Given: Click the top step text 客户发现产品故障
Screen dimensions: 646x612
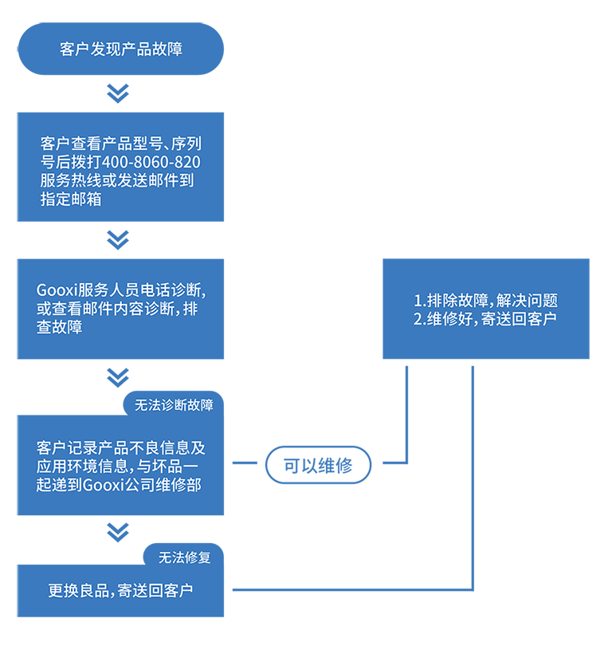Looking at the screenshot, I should pyautogui.click(x=121, y=49).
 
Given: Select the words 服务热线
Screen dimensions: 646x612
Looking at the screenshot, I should pyautogui.click(x=71, y=181).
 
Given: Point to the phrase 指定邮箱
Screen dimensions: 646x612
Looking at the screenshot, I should pyautogui.click(x=71, y=199).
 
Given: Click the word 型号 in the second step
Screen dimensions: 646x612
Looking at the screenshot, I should pyautogui.click(x=147, y=144).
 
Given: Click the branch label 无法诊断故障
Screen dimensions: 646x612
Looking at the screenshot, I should pyautogui.click(x=174, y=405).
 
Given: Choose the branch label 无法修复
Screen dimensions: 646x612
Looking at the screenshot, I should pyautogui.click(x=184, y=557).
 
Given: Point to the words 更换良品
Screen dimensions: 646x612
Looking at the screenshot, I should pyautogui.click(x=77, y=591).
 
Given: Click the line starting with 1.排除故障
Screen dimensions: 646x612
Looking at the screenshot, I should pyautogui.click(x=485, y=301).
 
